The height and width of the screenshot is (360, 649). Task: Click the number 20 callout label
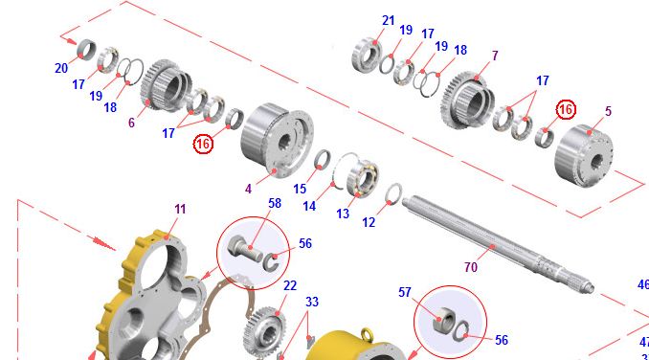tap(61, 68)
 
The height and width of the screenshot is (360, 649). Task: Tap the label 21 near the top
tap(389, 20)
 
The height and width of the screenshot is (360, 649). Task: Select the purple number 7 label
tap(495, 56)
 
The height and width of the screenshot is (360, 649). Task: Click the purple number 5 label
tap(608, 111)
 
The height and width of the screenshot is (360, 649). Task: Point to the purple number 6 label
tap(131, 123)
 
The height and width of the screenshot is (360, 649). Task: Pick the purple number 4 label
tap(248, 189)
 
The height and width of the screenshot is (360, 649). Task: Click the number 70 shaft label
tap(471, 267)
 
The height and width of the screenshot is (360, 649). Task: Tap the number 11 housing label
tap(180, 209)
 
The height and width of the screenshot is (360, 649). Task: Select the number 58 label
tap(275, 203)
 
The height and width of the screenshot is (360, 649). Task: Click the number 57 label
tap(405, 292)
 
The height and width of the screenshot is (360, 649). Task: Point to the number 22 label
tap(290, 285)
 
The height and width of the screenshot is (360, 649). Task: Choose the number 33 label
tap(312, 302)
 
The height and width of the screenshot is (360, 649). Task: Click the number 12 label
tap(369, 222)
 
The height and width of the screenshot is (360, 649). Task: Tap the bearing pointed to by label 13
tap(363, 175)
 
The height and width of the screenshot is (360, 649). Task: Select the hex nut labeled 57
tap(444, 320)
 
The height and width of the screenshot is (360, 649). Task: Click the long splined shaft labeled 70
tap(498, 244)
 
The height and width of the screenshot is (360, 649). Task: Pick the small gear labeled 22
tap(264, 331)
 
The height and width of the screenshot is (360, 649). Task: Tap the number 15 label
tap(300, 189)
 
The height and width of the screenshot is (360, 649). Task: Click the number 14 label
tap(309, 206)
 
